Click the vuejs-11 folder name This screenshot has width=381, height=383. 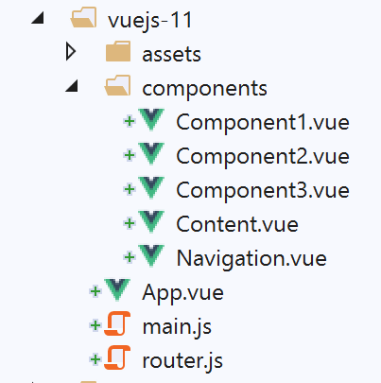point(150,21)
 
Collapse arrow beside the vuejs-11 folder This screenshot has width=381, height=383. point(38,19)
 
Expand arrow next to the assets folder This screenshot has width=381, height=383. point(71,52)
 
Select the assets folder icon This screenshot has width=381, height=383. point(118,51)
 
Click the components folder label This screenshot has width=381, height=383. point(204,89)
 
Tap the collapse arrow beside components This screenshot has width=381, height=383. point(72,86)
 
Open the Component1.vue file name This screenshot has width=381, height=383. point(263,122)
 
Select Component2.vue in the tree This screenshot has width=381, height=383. point(263,156)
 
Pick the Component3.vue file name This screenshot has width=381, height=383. point(263,190)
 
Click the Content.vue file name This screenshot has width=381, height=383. point(237,224)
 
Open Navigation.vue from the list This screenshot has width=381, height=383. point(251,259)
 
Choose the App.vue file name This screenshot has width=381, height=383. point(182,293)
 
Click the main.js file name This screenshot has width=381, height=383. point(177,327)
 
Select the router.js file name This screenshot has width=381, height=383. point(182,361)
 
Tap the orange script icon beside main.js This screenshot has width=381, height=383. point(117,323)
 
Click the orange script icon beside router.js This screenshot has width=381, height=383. point(117,357)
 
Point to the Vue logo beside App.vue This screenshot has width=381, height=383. point(117,289)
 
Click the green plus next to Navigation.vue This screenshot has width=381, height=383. point(130,257)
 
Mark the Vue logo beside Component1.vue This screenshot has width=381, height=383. point(151,119)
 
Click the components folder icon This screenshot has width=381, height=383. point(117,85)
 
